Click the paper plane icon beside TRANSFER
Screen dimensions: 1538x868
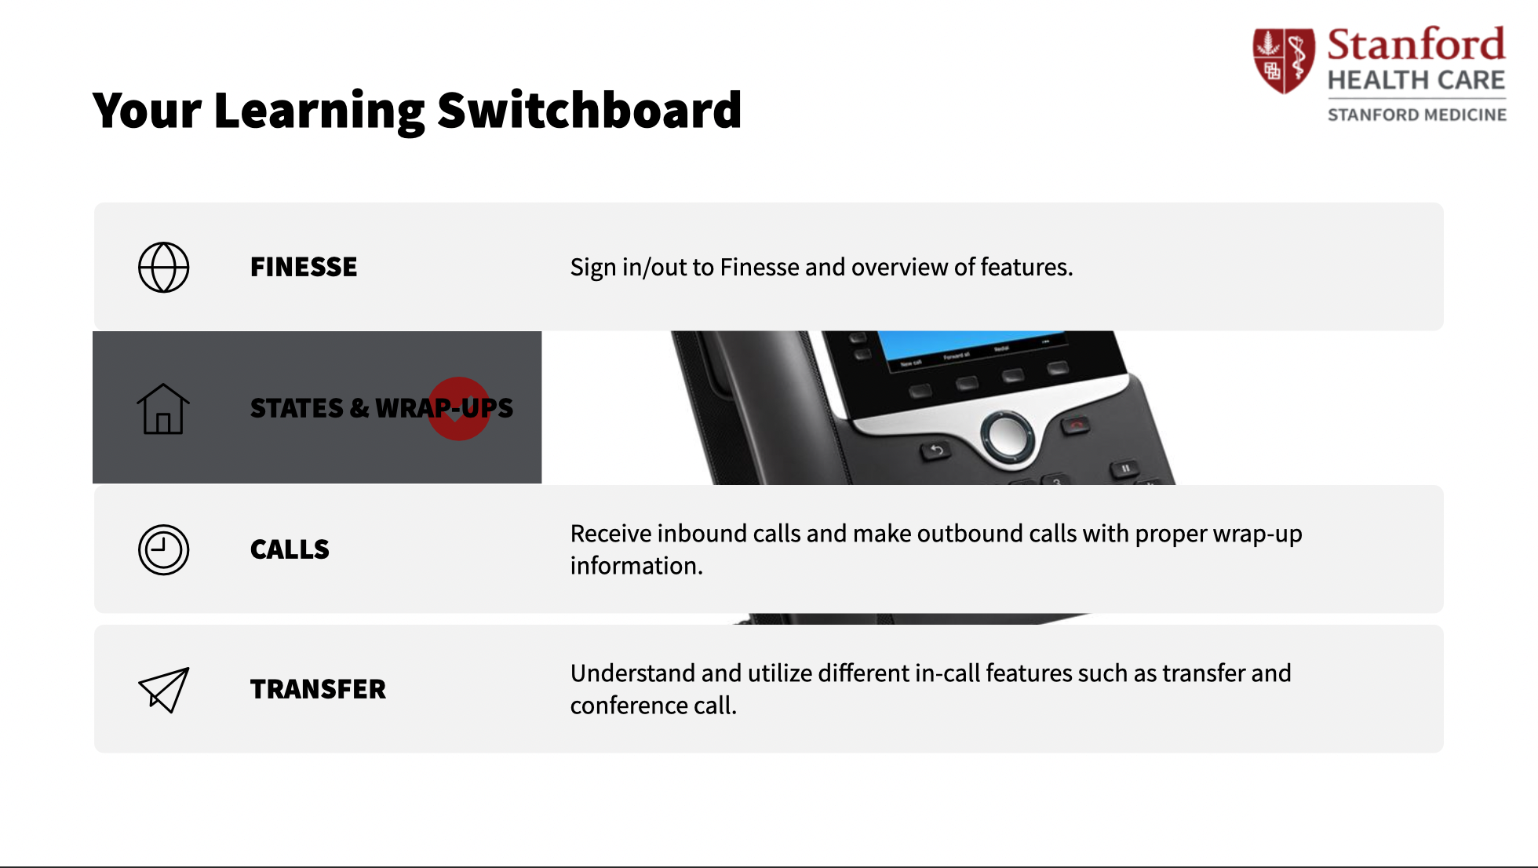(164, 690)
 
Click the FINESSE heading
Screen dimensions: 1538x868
(304, 267)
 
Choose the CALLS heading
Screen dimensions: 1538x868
(290, 549)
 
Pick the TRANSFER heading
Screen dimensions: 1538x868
(318, 689)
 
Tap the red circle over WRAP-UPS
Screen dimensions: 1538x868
(459, 409)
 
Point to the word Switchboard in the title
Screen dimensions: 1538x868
(589, 110)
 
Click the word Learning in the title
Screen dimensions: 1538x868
(319, 111)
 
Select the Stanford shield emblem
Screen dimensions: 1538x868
(1283, 60)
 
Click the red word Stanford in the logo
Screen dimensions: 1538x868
(1416, 45)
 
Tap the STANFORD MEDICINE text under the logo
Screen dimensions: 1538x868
(1417, 115)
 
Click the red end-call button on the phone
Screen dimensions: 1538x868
(1077, 425)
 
